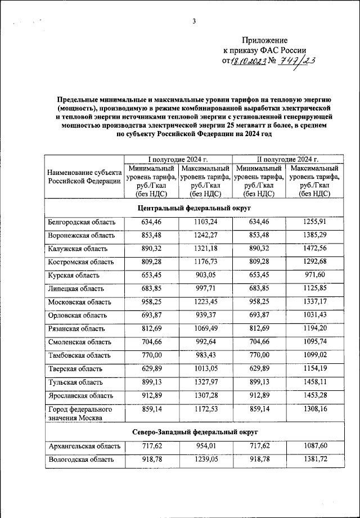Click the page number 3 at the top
(193, 22)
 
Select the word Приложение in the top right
(264, 40)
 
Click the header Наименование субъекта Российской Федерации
(84, 177)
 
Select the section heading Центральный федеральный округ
(193, 208)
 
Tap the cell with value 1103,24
(205, 222)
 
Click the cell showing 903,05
(205, 275)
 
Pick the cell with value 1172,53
(205, 409)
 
